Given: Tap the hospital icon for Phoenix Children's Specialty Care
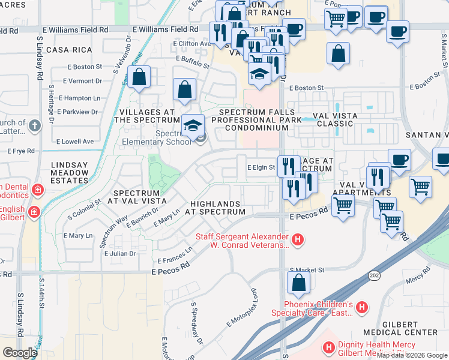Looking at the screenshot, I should (361, 308).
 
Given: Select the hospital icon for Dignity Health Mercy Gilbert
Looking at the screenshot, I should (328, 347).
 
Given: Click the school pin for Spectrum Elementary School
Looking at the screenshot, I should (193, 127).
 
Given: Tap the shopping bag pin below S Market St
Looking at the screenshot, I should (298, 284).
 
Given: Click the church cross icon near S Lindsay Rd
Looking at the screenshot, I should (35, 126).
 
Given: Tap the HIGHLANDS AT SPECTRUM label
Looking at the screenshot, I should (215, 208).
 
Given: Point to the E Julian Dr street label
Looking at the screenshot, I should (120, 254).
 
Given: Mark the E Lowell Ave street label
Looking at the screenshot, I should (75, 142).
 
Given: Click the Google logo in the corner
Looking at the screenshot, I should (20, 352).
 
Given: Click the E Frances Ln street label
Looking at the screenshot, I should (174, 256).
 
